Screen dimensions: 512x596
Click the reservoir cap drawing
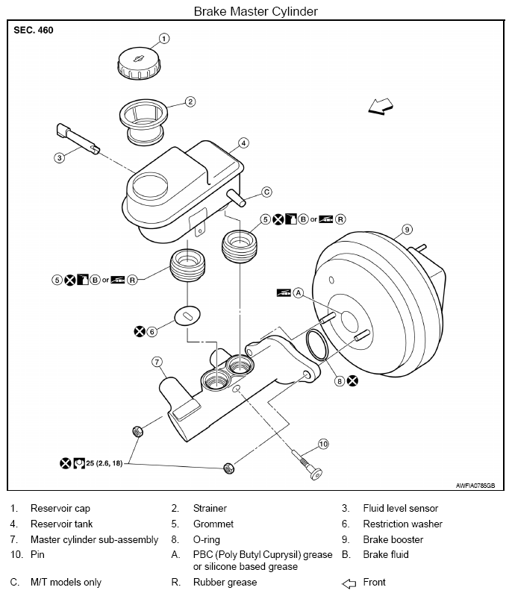(x=139, y=63)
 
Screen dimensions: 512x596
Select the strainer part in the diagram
(x=143, y=122)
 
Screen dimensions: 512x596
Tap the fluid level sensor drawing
(x=78, y=139)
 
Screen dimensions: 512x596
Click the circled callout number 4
(x=243, y=143)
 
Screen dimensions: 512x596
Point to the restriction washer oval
(x=187, y=316)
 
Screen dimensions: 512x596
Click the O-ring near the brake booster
(x=317, y=345)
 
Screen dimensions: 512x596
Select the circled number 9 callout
(x=407, y=230)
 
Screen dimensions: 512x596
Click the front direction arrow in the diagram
(x=381, y=106)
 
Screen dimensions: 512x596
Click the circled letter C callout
(x=267, y=192)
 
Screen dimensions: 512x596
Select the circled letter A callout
(x=299, y=292)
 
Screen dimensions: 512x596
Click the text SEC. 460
(x=34, y=31)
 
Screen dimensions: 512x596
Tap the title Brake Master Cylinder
(x=255, y=11)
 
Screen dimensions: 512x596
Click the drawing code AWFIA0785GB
(x=475, y=486)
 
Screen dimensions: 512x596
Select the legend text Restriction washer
(x=403, y=524)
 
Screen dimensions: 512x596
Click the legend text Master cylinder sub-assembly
(x=94, y=540)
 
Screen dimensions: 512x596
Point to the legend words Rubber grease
(x=225, y=582)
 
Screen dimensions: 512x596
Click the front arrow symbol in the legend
(x=349, y=583)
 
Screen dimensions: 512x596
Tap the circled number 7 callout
(x=157, y=362)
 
